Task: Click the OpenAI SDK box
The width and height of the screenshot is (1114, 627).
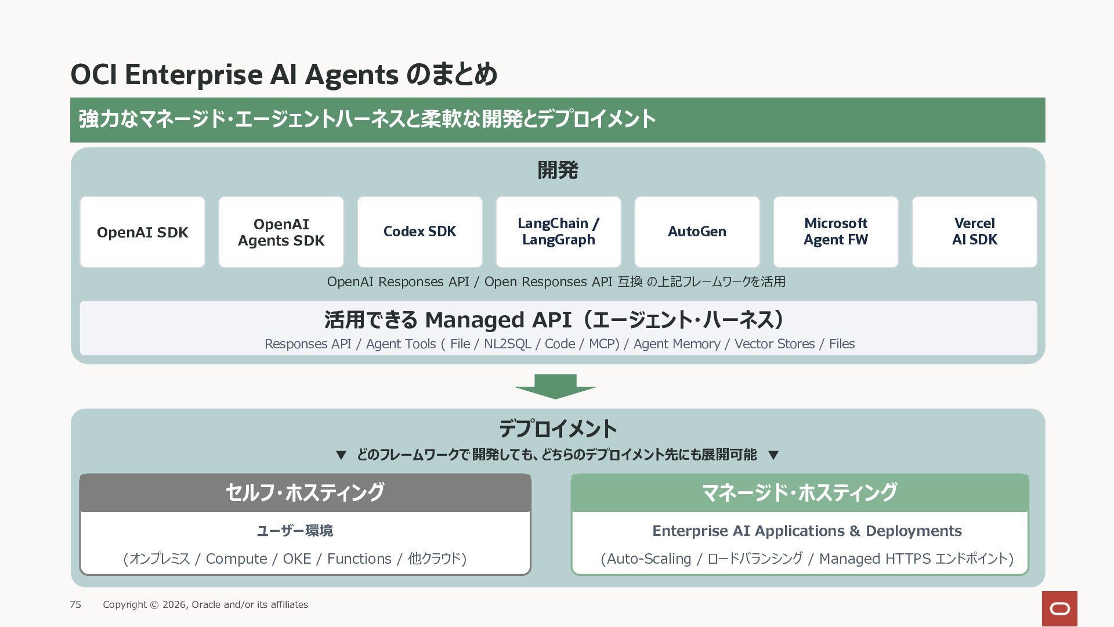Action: [x=142, y=232]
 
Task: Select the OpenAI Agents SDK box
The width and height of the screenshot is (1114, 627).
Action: [x=281, y=232]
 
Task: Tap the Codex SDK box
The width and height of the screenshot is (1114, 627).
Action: [x=419, y=232]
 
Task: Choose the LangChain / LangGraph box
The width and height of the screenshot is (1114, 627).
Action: [x=558, y=232]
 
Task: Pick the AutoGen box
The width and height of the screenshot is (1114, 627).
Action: [x=697, y=232]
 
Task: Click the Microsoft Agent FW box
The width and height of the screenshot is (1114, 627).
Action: [x=835, y=232]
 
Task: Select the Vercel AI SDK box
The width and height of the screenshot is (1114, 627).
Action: [x=974, y=232]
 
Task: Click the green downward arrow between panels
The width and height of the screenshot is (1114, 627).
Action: [x=555, y=387]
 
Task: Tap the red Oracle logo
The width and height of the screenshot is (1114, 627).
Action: [x=1059, y=608]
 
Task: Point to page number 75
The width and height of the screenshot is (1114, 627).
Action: [x=75, y=604]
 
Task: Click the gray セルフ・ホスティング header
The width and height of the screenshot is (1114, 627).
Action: [x=305, y=493]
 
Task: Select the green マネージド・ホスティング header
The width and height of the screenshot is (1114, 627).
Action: [x=800, y=493]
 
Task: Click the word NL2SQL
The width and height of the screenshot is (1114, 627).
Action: [x=507, y=344]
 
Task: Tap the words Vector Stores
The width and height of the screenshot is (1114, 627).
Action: [x=775, y=344]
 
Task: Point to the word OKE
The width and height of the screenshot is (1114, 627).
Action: [x=297, y=558]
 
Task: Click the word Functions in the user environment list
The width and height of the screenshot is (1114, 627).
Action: [x=359, y=558]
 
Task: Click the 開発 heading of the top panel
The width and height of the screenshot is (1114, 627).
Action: [x=558, y=170]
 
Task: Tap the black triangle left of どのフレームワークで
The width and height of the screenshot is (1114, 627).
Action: [x=341, y=455]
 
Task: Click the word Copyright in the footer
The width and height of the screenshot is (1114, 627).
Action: [x=125, y=604]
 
